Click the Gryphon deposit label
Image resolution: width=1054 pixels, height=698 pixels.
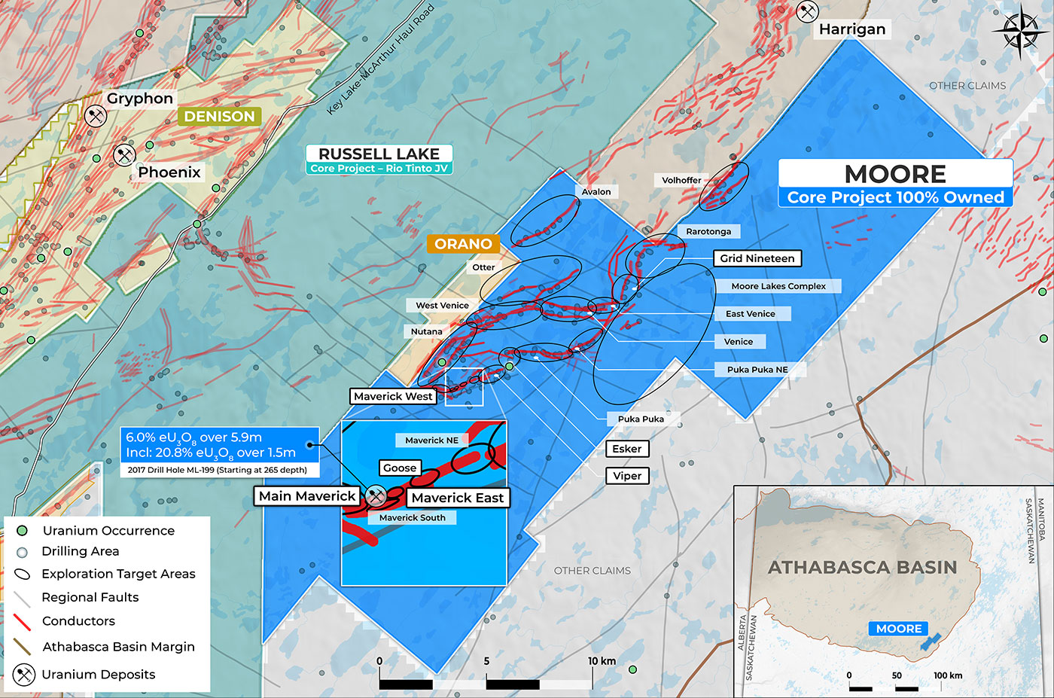tap(139, 99)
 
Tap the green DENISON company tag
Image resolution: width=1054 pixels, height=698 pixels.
tap(219, 117)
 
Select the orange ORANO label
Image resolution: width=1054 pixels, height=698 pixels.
tap(463, 244)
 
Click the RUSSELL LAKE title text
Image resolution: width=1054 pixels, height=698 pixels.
tap(379, 154)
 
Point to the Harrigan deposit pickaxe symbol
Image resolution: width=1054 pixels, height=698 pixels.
tap(807, 12)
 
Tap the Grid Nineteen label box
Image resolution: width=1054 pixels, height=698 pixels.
tap(757, 258)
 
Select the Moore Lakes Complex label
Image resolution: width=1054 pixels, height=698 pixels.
tap(778, 286)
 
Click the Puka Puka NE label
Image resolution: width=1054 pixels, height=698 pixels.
tap(757, 370)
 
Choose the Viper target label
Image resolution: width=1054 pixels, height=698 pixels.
tap(626, 476)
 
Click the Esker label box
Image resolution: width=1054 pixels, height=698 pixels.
tap(626, 449)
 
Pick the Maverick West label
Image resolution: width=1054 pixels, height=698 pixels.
tap(393, 396)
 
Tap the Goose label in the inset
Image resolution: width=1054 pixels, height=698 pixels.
tap(399, 468)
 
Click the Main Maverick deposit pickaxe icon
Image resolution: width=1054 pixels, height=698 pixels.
tap(376, 495)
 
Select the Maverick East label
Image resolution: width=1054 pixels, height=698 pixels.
tap(457, 498)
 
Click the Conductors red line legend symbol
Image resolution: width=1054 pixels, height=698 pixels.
tap(23, 621)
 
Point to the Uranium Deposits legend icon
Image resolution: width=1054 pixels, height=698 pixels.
tap(24, 675)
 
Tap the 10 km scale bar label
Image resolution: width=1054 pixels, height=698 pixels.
tap(602, 661)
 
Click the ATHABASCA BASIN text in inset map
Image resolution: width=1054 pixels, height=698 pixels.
tap(862, 568)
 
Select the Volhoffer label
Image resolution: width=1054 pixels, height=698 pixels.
tap(681, 180)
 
